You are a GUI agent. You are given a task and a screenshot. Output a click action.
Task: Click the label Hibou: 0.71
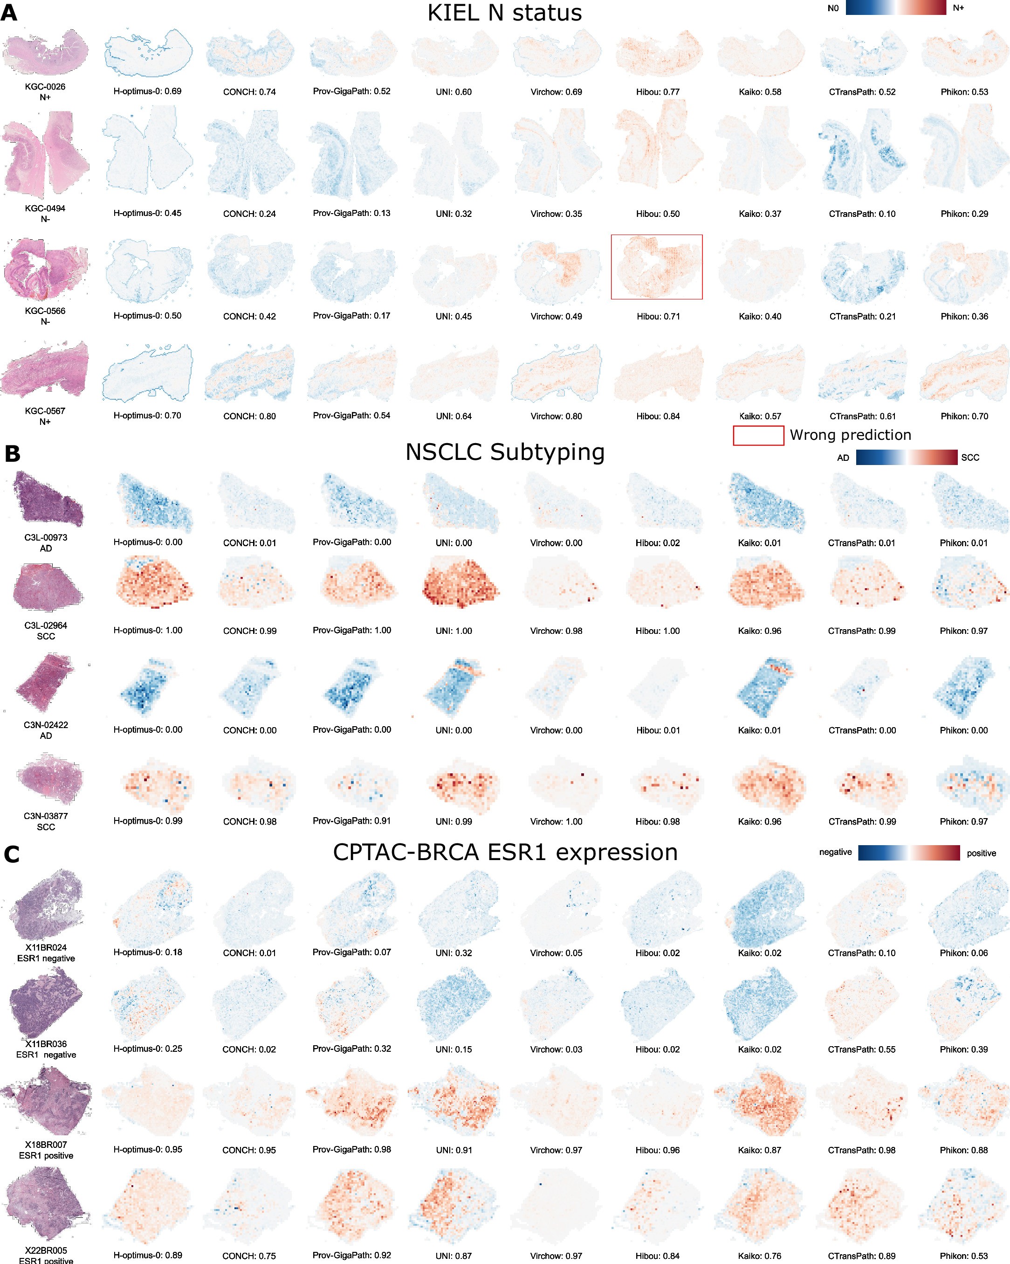click(x=658, y=317)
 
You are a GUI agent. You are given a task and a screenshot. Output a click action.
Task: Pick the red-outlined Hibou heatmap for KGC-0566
click(x=656, y=267)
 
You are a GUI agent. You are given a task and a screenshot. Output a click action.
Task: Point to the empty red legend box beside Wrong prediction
click(x=758, y=436)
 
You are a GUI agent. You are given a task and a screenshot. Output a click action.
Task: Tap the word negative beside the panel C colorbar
click(x=835, y=852)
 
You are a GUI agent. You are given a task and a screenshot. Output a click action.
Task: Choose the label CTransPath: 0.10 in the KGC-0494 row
click(x=862, y=214)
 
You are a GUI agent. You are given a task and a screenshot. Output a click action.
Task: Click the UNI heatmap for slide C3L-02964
click(x=460, y=584)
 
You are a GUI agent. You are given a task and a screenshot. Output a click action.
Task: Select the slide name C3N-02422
click(x=46, y=725)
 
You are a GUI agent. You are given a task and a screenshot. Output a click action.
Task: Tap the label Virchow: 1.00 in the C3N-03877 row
click(x=556, y=822)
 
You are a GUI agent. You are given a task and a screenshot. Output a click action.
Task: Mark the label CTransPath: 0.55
click(x=861, y=1049)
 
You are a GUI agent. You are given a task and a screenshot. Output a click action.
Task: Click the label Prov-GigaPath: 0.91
click(x=351, y=821)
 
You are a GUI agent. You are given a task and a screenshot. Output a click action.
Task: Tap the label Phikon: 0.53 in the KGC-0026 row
click(x=964, y=92)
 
